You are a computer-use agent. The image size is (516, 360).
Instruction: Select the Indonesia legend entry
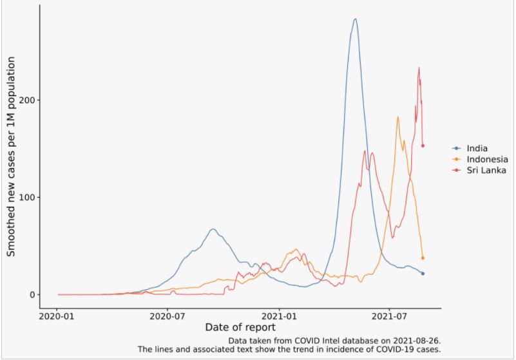click(x=486, y=159)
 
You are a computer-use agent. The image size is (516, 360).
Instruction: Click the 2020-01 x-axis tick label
click(x=58, y=316)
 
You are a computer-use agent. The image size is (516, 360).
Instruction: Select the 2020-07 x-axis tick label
click(x=168, y=316)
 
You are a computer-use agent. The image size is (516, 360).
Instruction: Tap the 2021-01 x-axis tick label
click(x=279, y=316)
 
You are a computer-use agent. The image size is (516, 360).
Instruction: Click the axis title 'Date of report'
click(x=240, y=328)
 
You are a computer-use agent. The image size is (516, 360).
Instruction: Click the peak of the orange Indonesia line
click(x=398, y=117)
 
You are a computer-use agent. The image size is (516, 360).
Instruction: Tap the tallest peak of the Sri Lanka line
click(x=419, y=67)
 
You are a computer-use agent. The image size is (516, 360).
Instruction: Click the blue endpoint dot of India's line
click(x=423, y=274)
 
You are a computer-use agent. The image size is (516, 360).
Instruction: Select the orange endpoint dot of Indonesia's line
click(x=423, y=258)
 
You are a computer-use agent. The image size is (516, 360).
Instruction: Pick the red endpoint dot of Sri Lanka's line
click(x=423, y=146)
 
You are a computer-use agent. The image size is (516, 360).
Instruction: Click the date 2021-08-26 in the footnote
click(x=416, y=339)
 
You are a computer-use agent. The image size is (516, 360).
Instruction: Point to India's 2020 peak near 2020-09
click(x=213, y=229)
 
